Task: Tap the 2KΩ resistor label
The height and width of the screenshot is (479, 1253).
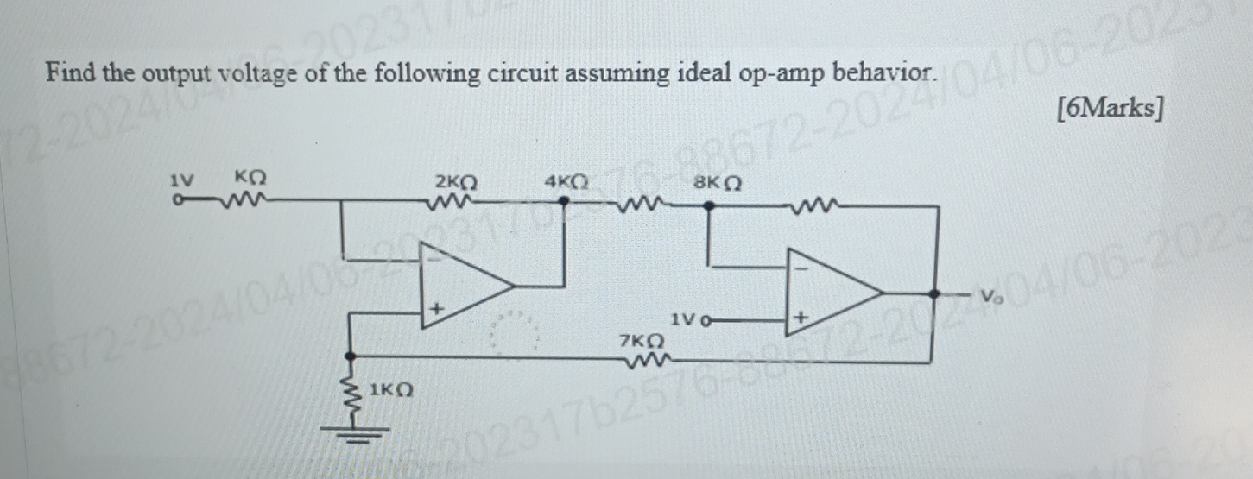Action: pos(455,183)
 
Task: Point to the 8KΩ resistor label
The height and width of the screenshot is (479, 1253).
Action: pos(718,185)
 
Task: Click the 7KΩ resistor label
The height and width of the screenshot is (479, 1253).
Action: pos(642,342)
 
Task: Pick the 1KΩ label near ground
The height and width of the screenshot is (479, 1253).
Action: pos(390,390)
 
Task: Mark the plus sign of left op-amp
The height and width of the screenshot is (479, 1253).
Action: pos(438,308)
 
